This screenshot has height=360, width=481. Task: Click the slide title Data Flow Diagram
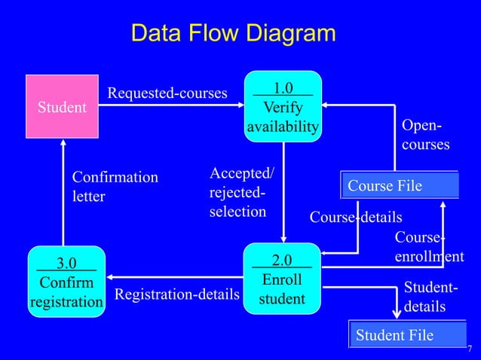pos(233,34)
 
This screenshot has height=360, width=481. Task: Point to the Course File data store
pos(400,185)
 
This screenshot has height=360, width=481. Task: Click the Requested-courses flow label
pos(167,93)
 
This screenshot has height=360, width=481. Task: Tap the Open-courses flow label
pos(425,134)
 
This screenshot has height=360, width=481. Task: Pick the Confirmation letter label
pos(115,187)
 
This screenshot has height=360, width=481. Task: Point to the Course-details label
pos(355,218)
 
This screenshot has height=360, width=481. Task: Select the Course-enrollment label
pos(428,248)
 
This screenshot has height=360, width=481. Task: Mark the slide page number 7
pos(470,349)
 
